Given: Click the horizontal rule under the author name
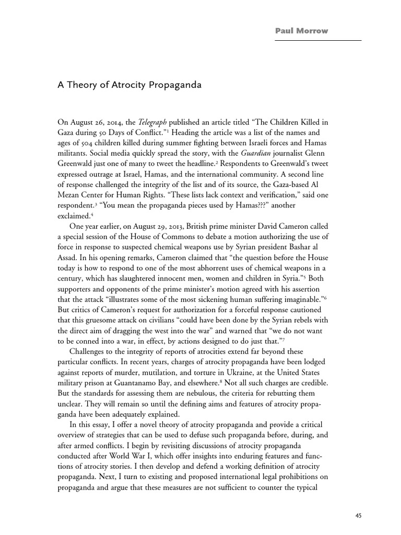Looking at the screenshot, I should (x=319, y=40).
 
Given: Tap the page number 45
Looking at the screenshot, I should (x=358, y=515).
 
